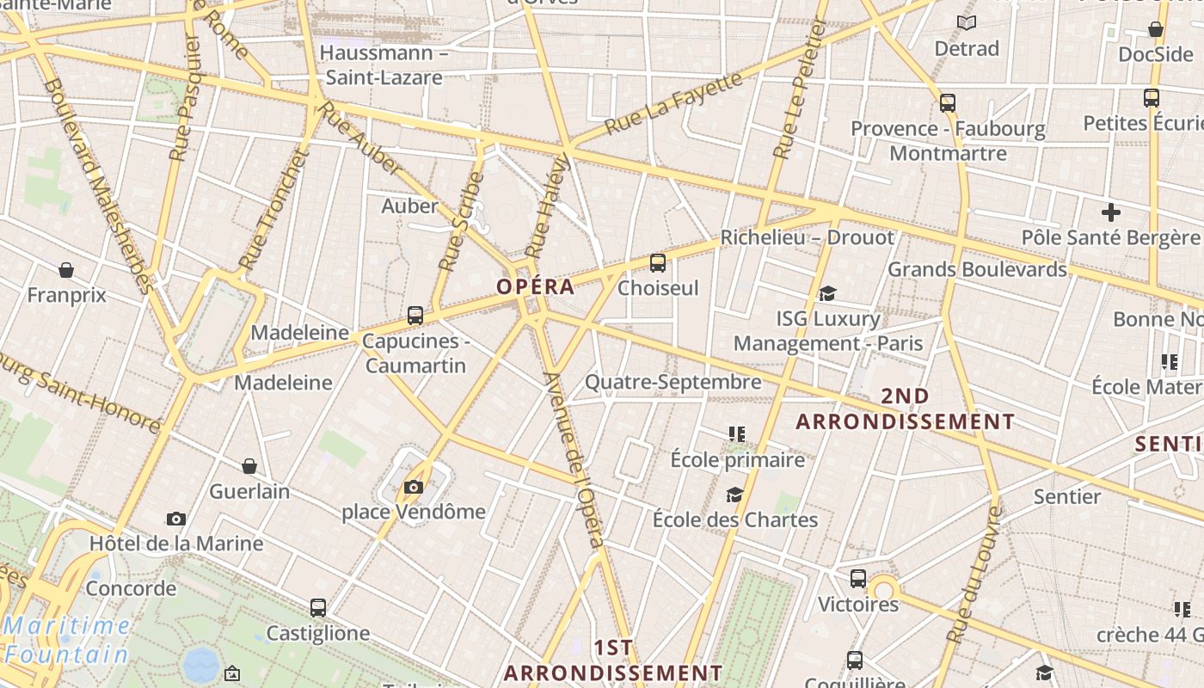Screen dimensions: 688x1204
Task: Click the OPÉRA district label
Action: (x=535, y=286)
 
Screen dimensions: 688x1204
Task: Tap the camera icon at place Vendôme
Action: (x=414, y=488)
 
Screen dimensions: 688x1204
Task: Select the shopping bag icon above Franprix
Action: (x=66, y=271)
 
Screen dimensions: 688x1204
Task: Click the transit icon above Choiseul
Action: (x=658, y=263)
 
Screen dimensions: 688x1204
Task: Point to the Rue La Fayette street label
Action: (x=673, y=104)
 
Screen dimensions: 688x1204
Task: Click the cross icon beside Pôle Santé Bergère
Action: (x=1111, y=212)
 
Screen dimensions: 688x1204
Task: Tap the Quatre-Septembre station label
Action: (x=673, y=382)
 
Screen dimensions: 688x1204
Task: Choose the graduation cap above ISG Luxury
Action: (x=827, y=294)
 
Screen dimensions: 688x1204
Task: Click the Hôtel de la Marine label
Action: (x=176, y=544)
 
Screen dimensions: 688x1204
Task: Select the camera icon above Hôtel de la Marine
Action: (x=176, y=519)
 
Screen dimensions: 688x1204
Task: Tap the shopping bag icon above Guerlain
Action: (x=249, y=466)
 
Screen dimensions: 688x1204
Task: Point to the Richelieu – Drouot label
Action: (x=807, y=237)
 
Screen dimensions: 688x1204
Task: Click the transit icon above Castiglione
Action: (x=318, y=608)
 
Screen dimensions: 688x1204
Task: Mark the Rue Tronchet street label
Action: (x=273, y=209)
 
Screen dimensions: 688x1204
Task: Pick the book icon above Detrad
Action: (x=967, y=22)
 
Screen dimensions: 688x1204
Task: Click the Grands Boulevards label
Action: (x=977, y=269)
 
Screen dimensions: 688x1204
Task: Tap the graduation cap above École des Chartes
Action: (x=734, y=494)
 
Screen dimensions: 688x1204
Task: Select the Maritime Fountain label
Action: (x=66, y=640)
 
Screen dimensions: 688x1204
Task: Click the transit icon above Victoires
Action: (x=858, y=579)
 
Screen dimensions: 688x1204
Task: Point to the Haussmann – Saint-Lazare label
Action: (x=384, y=64)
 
